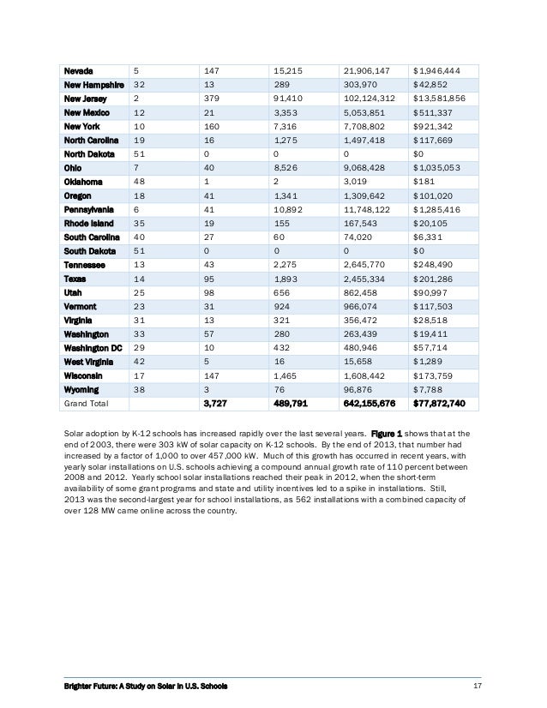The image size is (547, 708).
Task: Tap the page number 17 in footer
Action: point(478,686)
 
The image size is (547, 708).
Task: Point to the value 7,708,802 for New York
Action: point(369,126)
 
